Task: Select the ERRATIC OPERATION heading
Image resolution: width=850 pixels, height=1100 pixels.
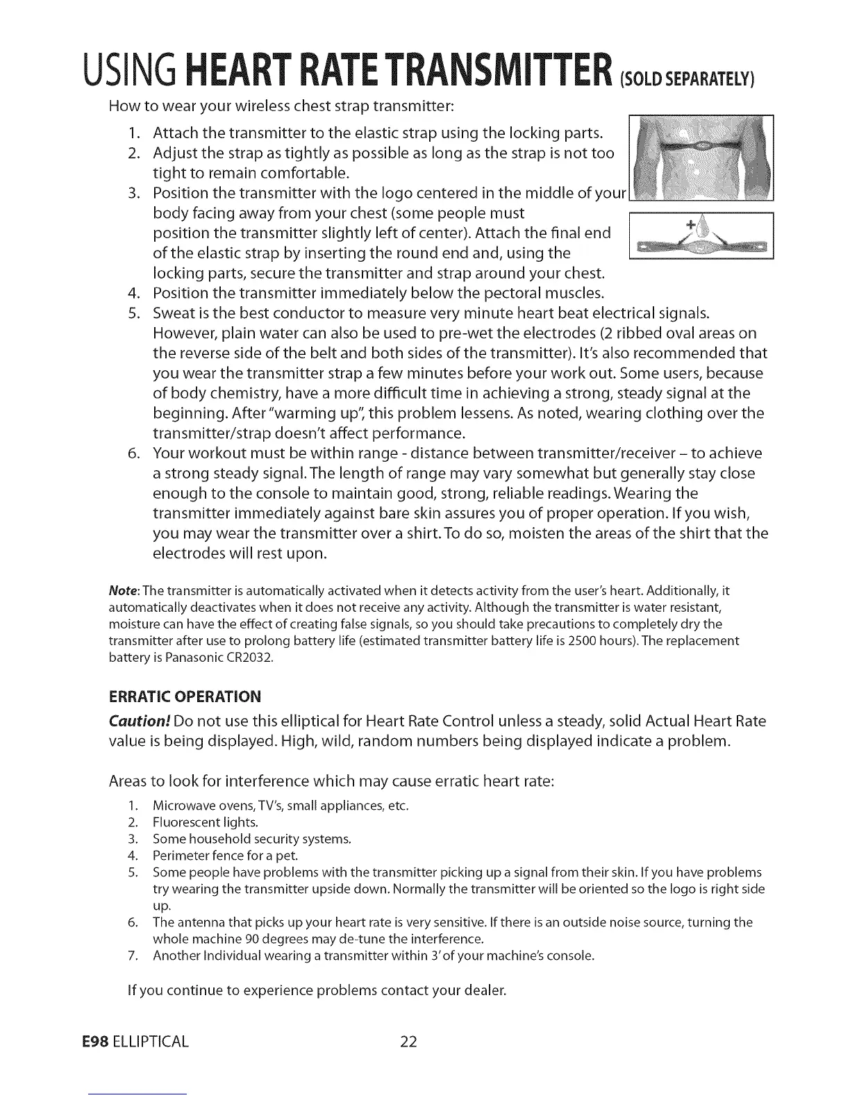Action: (x=185, y=696)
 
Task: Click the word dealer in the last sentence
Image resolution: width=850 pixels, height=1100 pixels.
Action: (x=483, y=989)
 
